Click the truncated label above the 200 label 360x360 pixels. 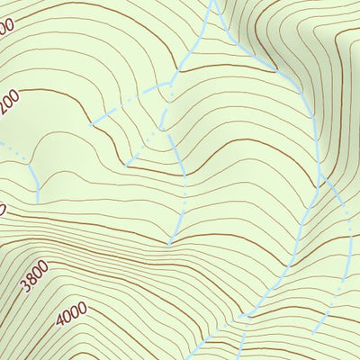[7, 29]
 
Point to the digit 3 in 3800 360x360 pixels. [24, 288]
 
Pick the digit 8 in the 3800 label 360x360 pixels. [31, 281]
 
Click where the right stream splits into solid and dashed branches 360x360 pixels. [321, 180]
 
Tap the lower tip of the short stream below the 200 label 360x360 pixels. [38, 200]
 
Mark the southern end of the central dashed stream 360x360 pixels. [170, 243]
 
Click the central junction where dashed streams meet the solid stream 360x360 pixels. [169, 85]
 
